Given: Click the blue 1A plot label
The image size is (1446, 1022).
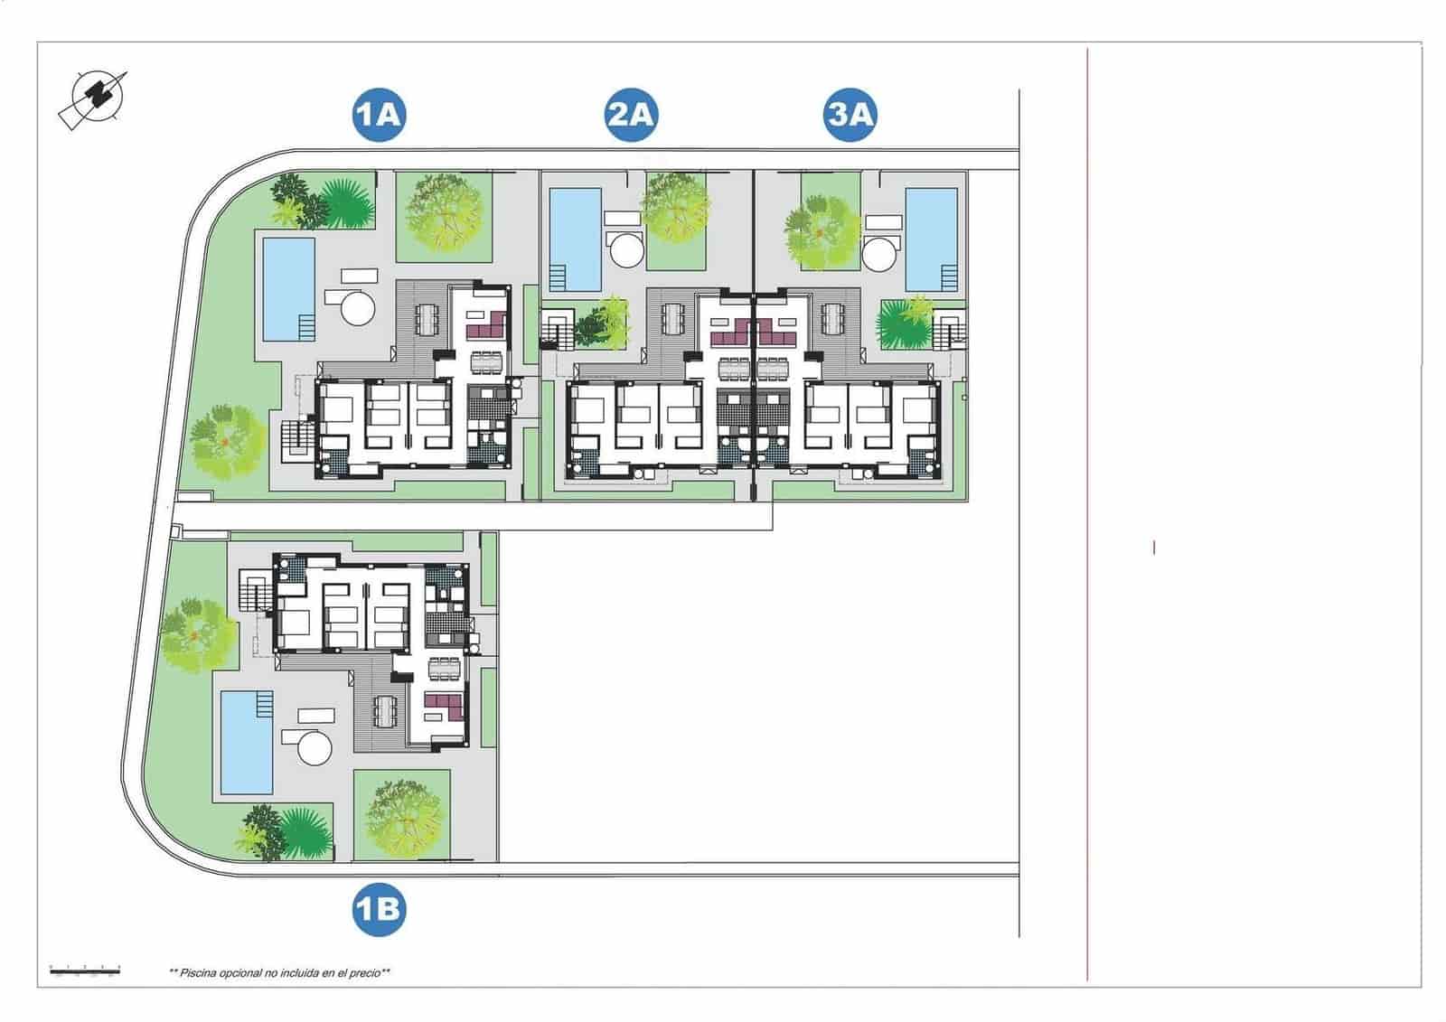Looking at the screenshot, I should click(x=379, y=115).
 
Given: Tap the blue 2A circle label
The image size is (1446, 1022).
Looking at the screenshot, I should click(x=631, y=115).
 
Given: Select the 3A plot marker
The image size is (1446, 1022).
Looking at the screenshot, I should click(x=850, y=115).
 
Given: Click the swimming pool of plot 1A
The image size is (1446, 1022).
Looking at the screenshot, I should click(x=288, y=287).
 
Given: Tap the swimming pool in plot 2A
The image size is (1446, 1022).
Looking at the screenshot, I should click(x=576, y=239).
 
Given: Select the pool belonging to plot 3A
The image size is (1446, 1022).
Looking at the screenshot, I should click(x=932, y=239).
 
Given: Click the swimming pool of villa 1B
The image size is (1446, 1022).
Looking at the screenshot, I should click(x=247, y=742).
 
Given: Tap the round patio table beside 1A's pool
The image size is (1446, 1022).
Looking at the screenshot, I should click(x=357, y=306).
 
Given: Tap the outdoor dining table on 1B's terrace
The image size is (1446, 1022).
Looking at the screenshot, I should click(x=387, y=711).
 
